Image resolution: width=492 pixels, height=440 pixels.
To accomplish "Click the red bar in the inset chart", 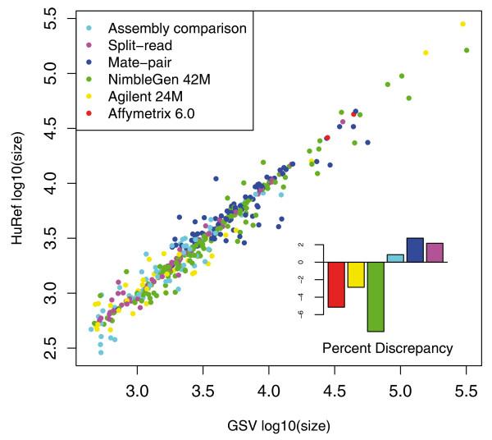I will pos(336,284).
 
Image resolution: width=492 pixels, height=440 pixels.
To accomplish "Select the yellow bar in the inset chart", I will pos(356,274).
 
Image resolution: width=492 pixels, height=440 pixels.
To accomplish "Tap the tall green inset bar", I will pos(376,296).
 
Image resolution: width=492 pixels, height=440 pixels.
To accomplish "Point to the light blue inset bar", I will pos(395,258).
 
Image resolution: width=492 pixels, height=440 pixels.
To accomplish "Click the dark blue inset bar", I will pos(415,250).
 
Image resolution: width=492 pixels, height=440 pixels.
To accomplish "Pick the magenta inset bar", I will pos(435,252).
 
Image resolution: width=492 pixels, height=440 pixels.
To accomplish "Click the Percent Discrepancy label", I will pos(387,348).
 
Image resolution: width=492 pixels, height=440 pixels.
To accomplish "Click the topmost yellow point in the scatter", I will pos(462,24).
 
